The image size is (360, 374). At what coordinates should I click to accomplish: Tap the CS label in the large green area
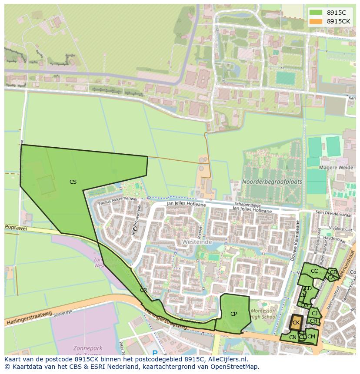73,182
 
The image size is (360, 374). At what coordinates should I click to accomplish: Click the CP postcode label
233,314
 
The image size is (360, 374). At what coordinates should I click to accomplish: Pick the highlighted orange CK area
296,323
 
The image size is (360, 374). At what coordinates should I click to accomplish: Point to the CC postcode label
314,271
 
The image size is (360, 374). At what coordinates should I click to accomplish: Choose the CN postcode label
293,338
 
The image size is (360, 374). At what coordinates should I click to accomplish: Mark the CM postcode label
311,337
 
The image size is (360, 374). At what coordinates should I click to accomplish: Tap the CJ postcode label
315,313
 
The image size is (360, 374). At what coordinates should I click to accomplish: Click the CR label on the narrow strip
143,290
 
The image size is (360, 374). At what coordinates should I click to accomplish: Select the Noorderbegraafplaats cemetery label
272,182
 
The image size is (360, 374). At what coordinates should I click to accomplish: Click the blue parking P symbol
155,353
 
